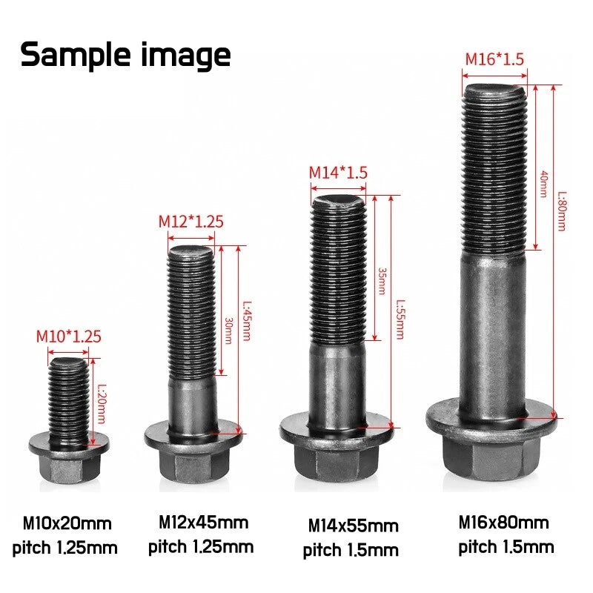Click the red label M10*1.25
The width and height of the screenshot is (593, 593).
point(69,336)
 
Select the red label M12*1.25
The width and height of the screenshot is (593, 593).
point(191,221)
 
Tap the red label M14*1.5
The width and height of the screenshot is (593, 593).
point(338,173)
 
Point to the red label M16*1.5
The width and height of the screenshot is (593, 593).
point(495,59)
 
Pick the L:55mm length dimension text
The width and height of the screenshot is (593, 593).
point(399,319)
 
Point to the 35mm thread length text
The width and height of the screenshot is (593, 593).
point(382,282)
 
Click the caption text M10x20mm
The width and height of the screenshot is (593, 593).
point(67,524)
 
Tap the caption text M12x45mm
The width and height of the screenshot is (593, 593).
point(203,523)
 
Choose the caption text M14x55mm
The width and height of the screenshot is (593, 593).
point(354,526)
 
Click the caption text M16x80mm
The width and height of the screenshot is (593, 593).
point(504,523)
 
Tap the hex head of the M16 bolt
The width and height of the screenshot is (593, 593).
point(491,460)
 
